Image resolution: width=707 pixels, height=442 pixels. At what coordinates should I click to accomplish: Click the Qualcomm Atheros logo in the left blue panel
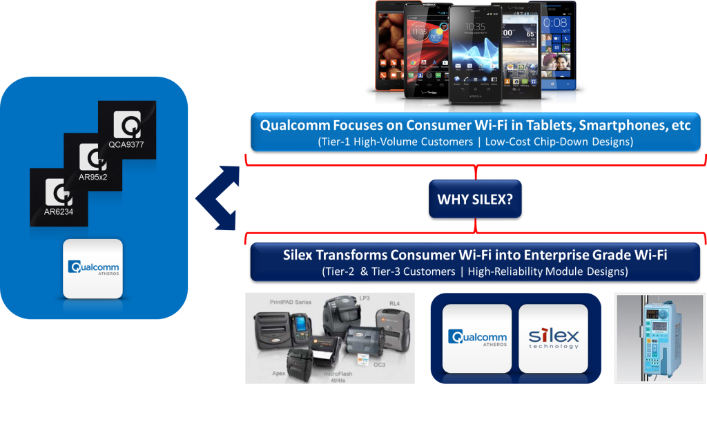[x=93, y=268]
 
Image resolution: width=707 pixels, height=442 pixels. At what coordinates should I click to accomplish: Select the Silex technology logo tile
[x=553, y=338]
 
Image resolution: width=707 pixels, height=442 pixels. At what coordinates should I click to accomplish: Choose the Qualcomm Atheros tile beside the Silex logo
[x=477, y=338]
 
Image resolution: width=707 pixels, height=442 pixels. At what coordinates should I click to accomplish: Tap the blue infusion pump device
[x=660, y=338]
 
